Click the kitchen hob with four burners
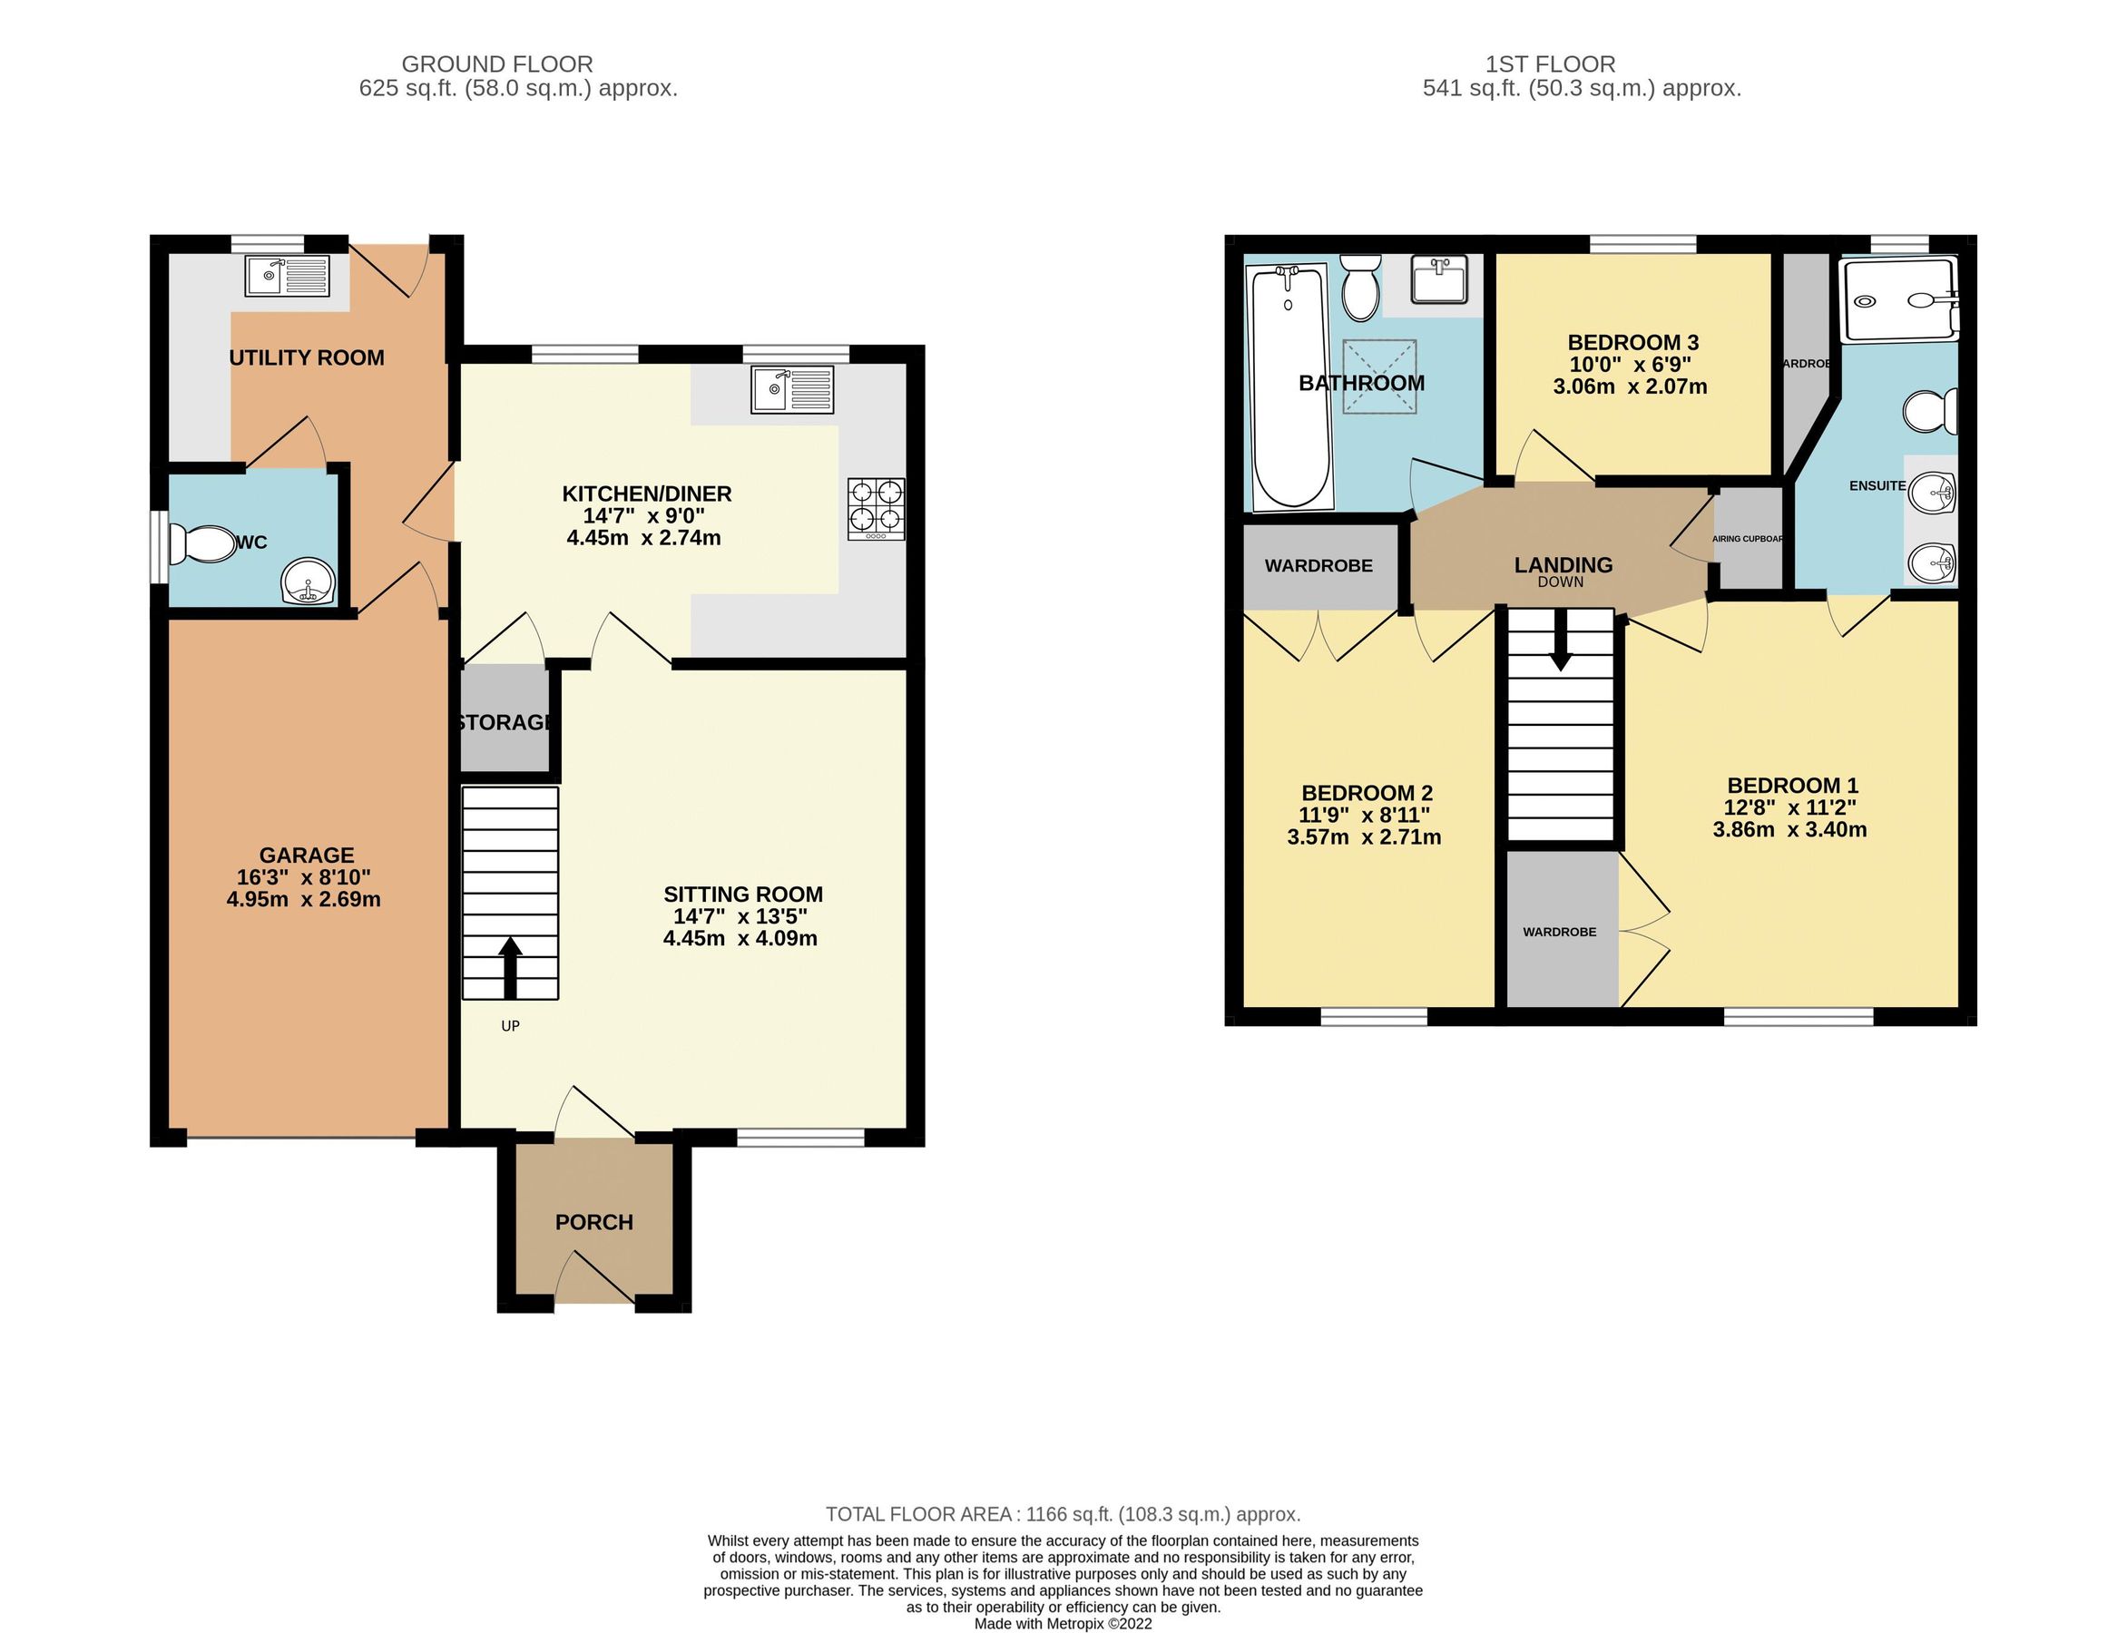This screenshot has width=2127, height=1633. click(x=876, y=508)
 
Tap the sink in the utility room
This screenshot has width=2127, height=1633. click(x=287, y=276)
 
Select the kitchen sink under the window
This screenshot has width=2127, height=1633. click(x=792, y=389)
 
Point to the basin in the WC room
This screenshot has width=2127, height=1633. click(x=308, y=582)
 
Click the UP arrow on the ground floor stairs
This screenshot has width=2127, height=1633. click(x=509, y=966)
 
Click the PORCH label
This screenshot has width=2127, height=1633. click(x=594, y=1223)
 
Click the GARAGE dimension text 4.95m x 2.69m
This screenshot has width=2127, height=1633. click(x=303, y=899)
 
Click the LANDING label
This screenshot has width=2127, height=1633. click(x=1563, y=564)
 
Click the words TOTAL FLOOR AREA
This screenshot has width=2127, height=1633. click(x=918, y=1513)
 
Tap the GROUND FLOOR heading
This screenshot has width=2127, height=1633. click(x=496, y=64)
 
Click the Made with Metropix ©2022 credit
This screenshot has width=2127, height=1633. click(x=1063, y=1622)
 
